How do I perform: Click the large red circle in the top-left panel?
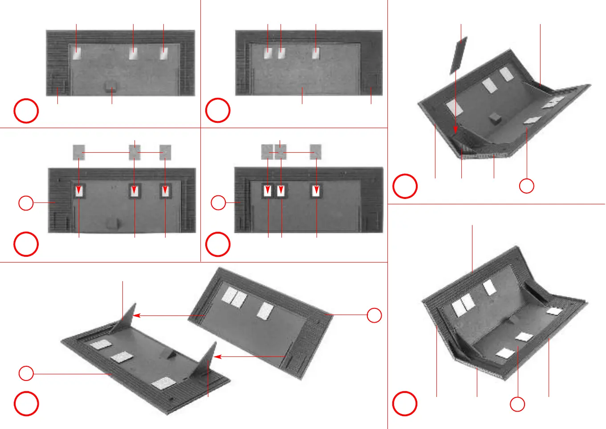[x=26, y=111]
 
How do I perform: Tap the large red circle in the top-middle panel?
[x=218, y=110]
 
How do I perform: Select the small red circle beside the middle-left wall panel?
[x=26, y=203]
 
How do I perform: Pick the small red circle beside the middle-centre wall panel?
[x=218, y=203]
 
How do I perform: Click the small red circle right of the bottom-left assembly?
[x=374, y=315]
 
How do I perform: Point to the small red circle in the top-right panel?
[x=527, y=186]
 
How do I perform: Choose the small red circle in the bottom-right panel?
[x=517, y=404]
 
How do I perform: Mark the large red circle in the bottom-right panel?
[x=405, y=404]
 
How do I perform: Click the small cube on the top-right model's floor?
[x=493, y=118]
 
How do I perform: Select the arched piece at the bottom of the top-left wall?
[x=111, y=85]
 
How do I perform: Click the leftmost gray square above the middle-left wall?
[x=79, y=152]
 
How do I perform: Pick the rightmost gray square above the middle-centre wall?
[x=316, y=152]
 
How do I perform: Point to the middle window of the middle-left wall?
[x=134, y=191]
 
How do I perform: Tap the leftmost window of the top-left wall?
[x=77, y=54]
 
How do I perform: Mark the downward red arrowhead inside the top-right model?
[x=456, y=130]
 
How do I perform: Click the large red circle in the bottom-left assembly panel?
[x=26, y=404]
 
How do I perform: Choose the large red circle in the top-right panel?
[x=405, y=186]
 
